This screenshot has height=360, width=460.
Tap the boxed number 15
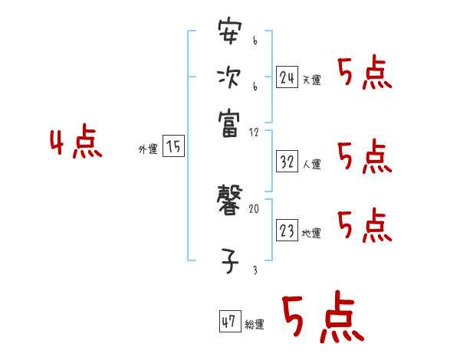(x=174, y=146)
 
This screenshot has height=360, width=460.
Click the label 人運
(x=312, y=164)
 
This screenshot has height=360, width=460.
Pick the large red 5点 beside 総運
(x=320, y=318)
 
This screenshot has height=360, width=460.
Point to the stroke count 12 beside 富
(x=254, y=133)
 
